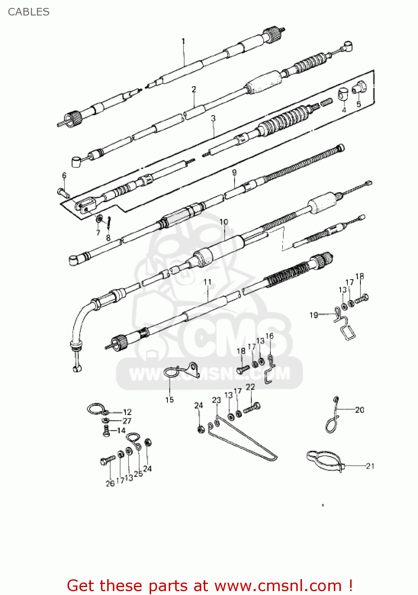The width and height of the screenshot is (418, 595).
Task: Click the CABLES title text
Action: click(29, 12)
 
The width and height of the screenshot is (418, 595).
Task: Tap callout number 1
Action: click(183, 41)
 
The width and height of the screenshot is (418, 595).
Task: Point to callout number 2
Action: click(194, 89)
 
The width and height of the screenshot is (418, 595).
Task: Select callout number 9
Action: click(234, 173)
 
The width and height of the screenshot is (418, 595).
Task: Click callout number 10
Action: click(224, 222)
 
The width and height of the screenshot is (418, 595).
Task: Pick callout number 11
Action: click(207, 282)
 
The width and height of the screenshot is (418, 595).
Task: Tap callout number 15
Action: click(170, 400)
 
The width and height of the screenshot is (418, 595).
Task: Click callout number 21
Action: click(370, 466)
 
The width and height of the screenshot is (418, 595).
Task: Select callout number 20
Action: click(360, 410)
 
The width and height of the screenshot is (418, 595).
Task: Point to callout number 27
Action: click(127, 421)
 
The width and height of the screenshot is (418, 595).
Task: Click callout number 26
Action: click(110, 484)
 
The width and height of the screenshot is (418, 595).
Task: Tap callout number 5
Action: click(359, 104)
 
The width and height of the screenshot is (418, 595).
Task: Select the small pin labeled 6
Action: click(64, 192)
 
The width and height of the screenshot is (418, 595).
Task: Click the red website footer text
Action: click(210, 585)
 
